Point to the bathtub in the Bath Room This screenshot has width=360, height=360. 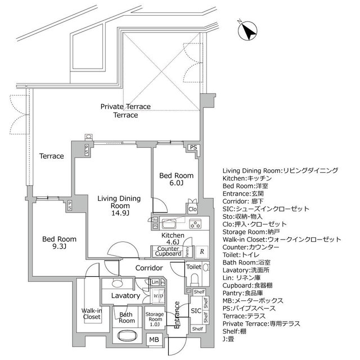(x=127, y=336)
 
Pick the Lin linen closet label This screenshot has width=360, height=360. (x=155, y=282)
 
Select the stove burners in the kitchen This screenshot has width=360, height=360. (x=196, y=224)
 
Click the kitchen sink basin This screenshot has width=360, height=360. (x=169, y=222)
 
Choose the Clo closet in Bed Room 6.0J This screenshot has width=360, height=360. (x=192, y=209)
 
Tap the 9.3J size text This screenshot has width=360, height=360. (x=58, y=247)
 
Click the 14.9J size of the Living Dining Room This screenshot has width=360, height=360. (x=120, y=213)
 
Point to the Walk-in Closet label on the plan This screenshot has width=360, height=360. (x=91, y=313)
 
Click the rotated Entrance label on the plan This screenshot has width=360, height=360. (x=175, y=314)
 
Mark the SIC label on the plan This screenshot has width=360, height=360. (x=195, y=310)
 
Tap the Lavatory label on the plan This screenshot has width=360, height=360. (x=125, y=295)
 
